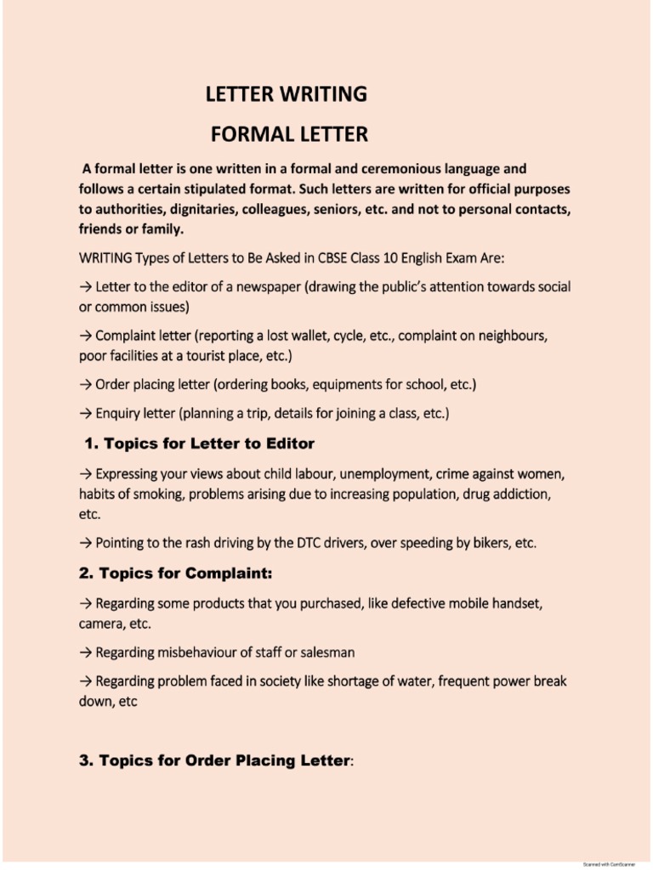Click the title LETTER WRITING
[x=287, y=94]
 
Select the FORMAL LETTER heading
[x=289, y=134]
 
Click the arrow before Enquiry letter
[x=85, y=414]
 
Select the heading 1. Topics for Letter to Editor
[x=200, y=443]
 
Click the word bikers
[x=489, y=542]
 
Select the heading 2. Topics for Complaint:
[x=176, y=574]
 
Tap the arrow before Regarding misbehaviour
[x=85, y=652]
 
